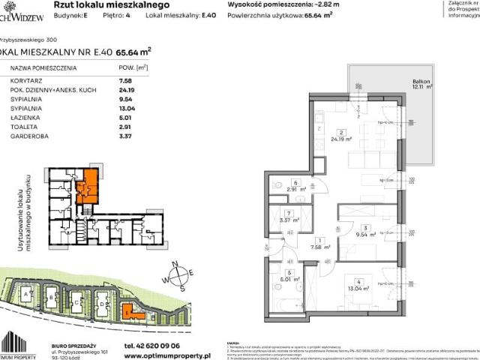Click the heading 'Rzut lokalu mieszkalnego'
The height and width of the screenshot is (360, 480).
pos(121,5)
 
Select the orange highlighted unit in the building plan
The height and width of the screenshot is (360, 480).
pos(89,184)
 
